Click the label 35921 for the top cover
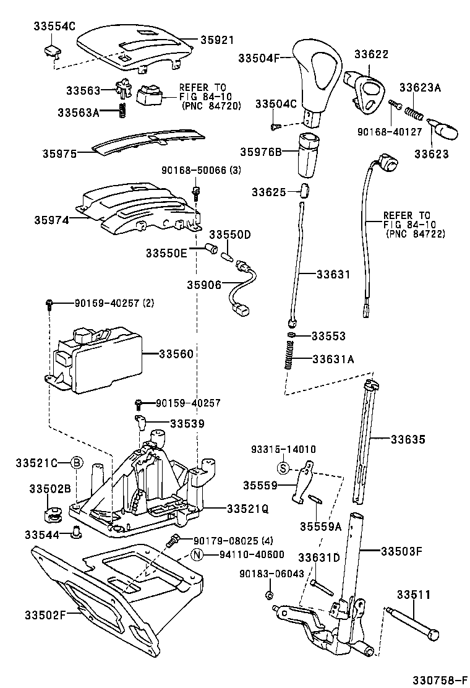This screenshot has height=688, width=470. pyautogui.click(x=216, y=40)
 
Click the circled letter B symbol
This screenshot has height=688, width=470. pyautogui.click(x=75, y=463)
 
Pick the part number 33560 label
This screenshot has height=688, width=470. pyautogui.click(x=176, y=354)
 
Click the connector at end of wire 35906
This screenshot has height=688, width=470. pyautogui.click(x=242, y=307)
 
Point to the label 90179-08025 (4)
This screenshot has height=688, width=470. pyautogui.click(x=225, y=540)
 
